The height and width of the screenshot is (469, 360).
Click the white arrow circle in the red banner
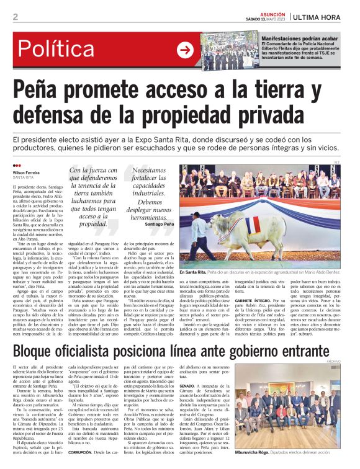pos(185,50)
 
